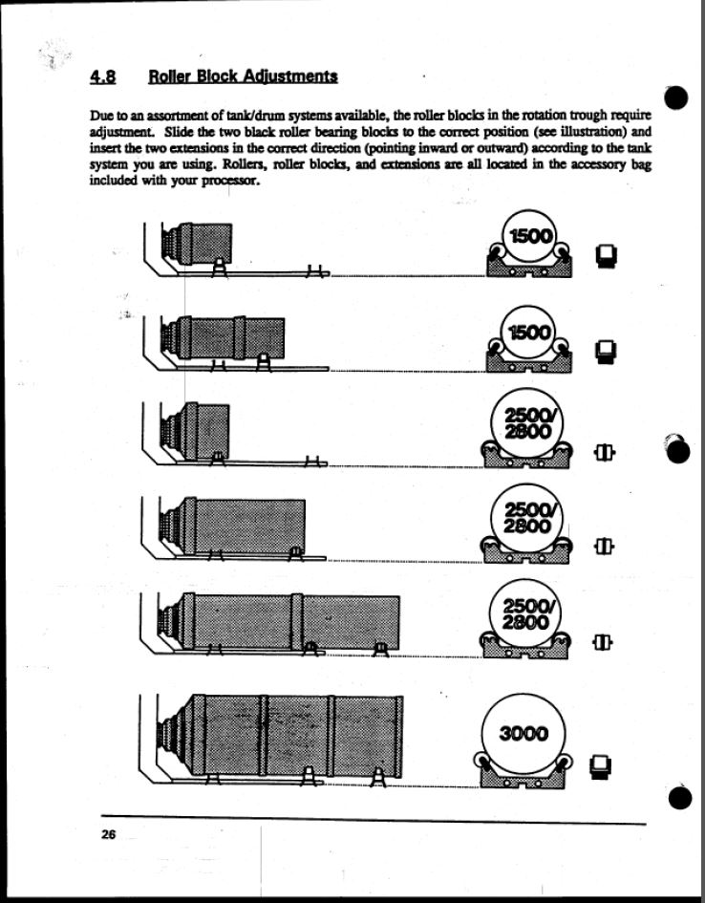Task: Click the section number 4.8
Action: pos(102,76)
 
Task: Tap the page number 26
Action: pos(108,834)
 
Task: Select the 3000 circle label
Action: pos(523,734)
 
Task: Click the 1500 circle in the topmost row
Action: pos(527,235)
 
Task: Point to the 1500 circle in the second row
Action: pos(527,333)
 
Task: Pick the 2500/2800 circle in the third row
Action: pos(526,424)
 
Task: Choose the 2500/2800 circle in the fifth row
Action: pos(524,614)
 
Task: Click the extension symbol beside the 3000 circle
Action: pos(600,766)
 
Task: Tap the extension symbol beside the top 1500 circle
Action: pos(606,256)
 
